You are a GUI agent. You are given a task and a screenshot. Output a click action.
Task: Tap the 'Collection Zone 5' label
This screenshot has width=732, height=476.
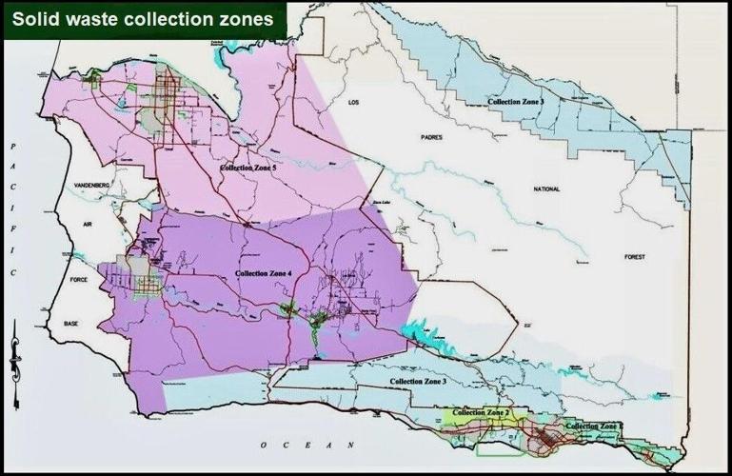coord(247,168)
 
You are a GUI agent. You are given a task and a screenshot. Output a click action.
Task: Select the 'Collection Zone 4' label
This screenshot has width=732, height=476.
coord(263,274)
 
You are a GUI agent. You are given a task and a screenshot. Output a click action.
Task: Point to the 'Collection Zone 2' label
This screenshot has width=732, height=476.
coord(482,412)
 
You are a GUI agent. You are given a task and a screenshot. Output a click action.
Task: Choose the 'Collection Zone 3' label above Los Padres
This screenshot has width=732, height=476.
coord(516,101)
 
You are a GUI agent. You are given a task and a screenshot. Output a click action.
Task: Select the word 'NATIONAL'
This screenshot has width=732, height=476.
coord(546,189)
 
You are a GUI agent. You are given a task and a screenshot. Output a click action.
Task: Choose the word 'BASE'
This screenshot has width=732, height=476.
coord(71,324)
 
